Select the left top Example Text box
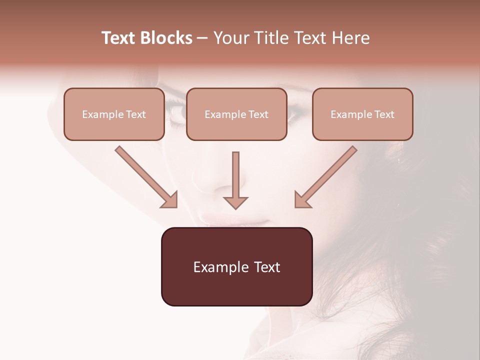click(x=114, y=114)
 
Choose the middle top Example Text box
click(x=236, y=114)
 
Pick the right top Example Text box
click(x=362, y=114)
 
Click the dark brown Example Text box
click(x=236, y=266)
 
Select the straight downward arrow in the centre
click(x=235, y=180)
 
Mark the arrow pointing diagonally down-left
click(x=325, y=177)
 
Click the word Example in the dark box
click(x=214, y=267)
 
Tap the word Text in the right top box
click(x=384, y=114)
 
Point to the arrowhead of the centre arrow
click(x=235, y=202)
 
